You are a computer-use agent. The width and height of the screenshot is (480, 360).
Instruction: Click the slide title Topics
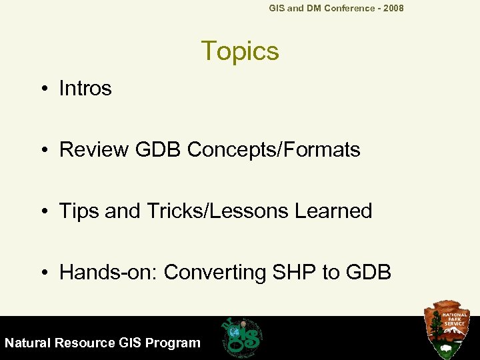[239, 51]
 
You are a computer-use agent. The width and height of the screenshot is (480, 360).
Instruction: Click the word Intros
[85, 88]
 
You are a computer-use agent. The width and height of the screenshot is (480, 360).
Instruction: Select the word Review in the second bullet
[94, 149]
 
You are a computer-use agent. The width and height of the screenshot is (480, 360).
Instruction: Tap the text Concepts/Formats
[273, 149]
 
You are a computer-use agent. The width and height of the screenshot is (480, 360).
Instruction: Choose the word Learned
[333, 211]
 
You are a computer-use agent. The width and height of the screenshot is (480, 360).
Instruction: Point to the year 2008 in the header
[392, 8]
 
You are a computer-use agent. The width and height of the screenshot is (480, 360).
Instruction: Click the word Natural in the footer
[28, 343]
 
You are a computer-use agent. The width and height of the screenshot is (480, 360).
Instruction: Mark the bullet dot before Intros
[44, 89]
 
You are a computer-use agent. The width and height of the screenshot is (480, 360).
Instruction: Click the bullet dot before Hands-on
[44, 273]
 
